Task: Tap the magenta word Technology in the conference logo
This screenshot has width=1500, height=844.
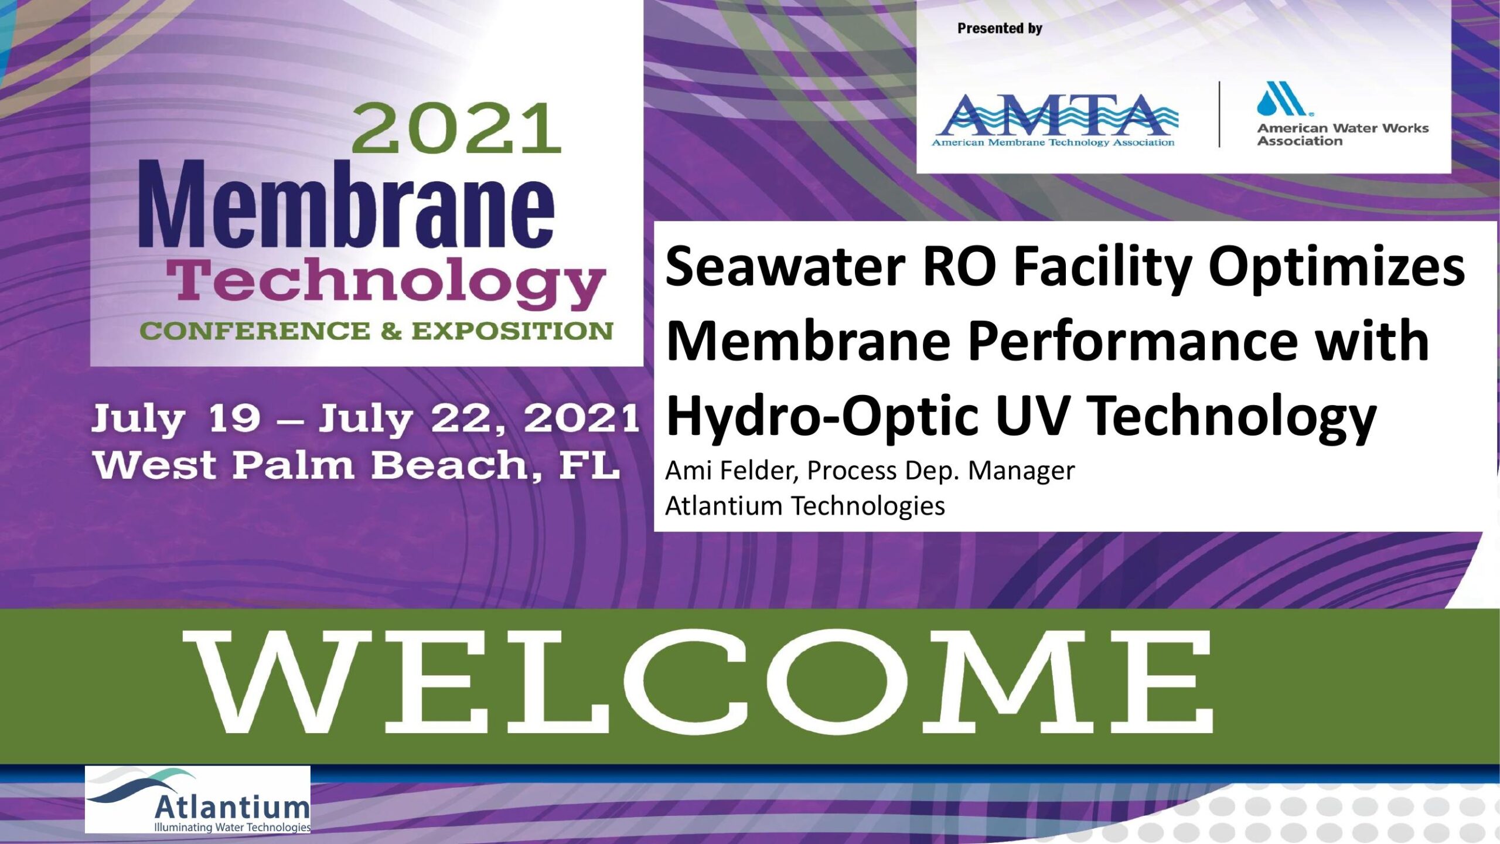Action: coord(386,283)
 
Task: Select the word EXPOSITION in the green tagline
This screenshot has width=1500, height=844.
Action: coord(512,331)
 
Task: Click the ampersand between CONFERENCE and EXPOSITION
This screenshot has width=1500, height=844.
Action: coord(391,331)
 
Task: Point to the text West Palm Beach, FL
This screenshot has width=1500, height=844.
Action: coord(356,467)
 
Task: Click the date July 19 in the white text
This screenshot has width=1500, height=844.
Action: coord(176,419)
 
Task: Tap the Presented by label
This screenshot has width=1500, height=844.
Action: coord(1000,28)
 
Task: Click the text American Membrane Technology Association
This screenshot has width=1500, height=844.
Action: coord(1053,142)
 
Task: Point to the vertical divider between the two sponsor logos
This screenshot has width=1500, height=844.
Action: coord(1219,114)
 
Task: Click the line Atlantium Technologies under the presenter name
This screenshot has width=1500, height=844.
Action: coord(805,506)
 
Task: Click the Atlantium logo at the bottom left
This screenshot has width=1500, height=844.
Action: coord(197,799)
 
